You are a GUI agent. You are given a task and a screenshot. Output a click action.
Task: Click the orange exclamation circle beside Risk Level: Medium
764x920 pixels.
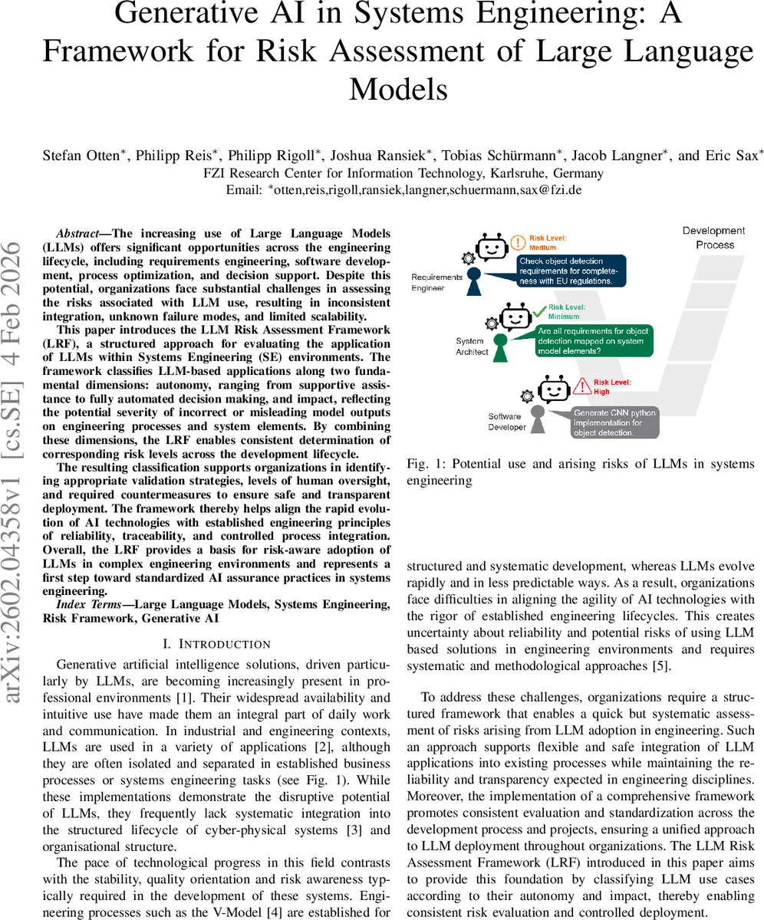(518, 243)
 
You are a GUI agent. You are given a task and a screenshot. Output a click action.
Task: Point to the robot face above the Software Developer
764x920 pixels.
(556, 389)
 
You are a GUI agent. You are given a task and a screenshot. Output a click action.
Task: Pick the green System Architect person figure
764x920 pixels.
(500, 346)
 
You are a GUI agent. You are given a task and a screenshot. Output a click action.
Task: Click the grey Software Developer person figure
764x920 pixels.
(538, 419)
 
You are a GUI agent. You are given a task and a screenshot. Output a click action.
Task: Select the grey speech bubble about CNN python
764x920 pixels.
(614, 422)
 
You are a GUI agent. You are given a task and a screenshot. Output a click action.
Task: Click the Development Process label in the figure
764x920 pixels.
(713, 238)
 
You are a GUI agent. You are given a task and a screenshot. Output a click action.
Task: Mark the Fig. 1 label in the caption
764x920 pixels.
(423, 463)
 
